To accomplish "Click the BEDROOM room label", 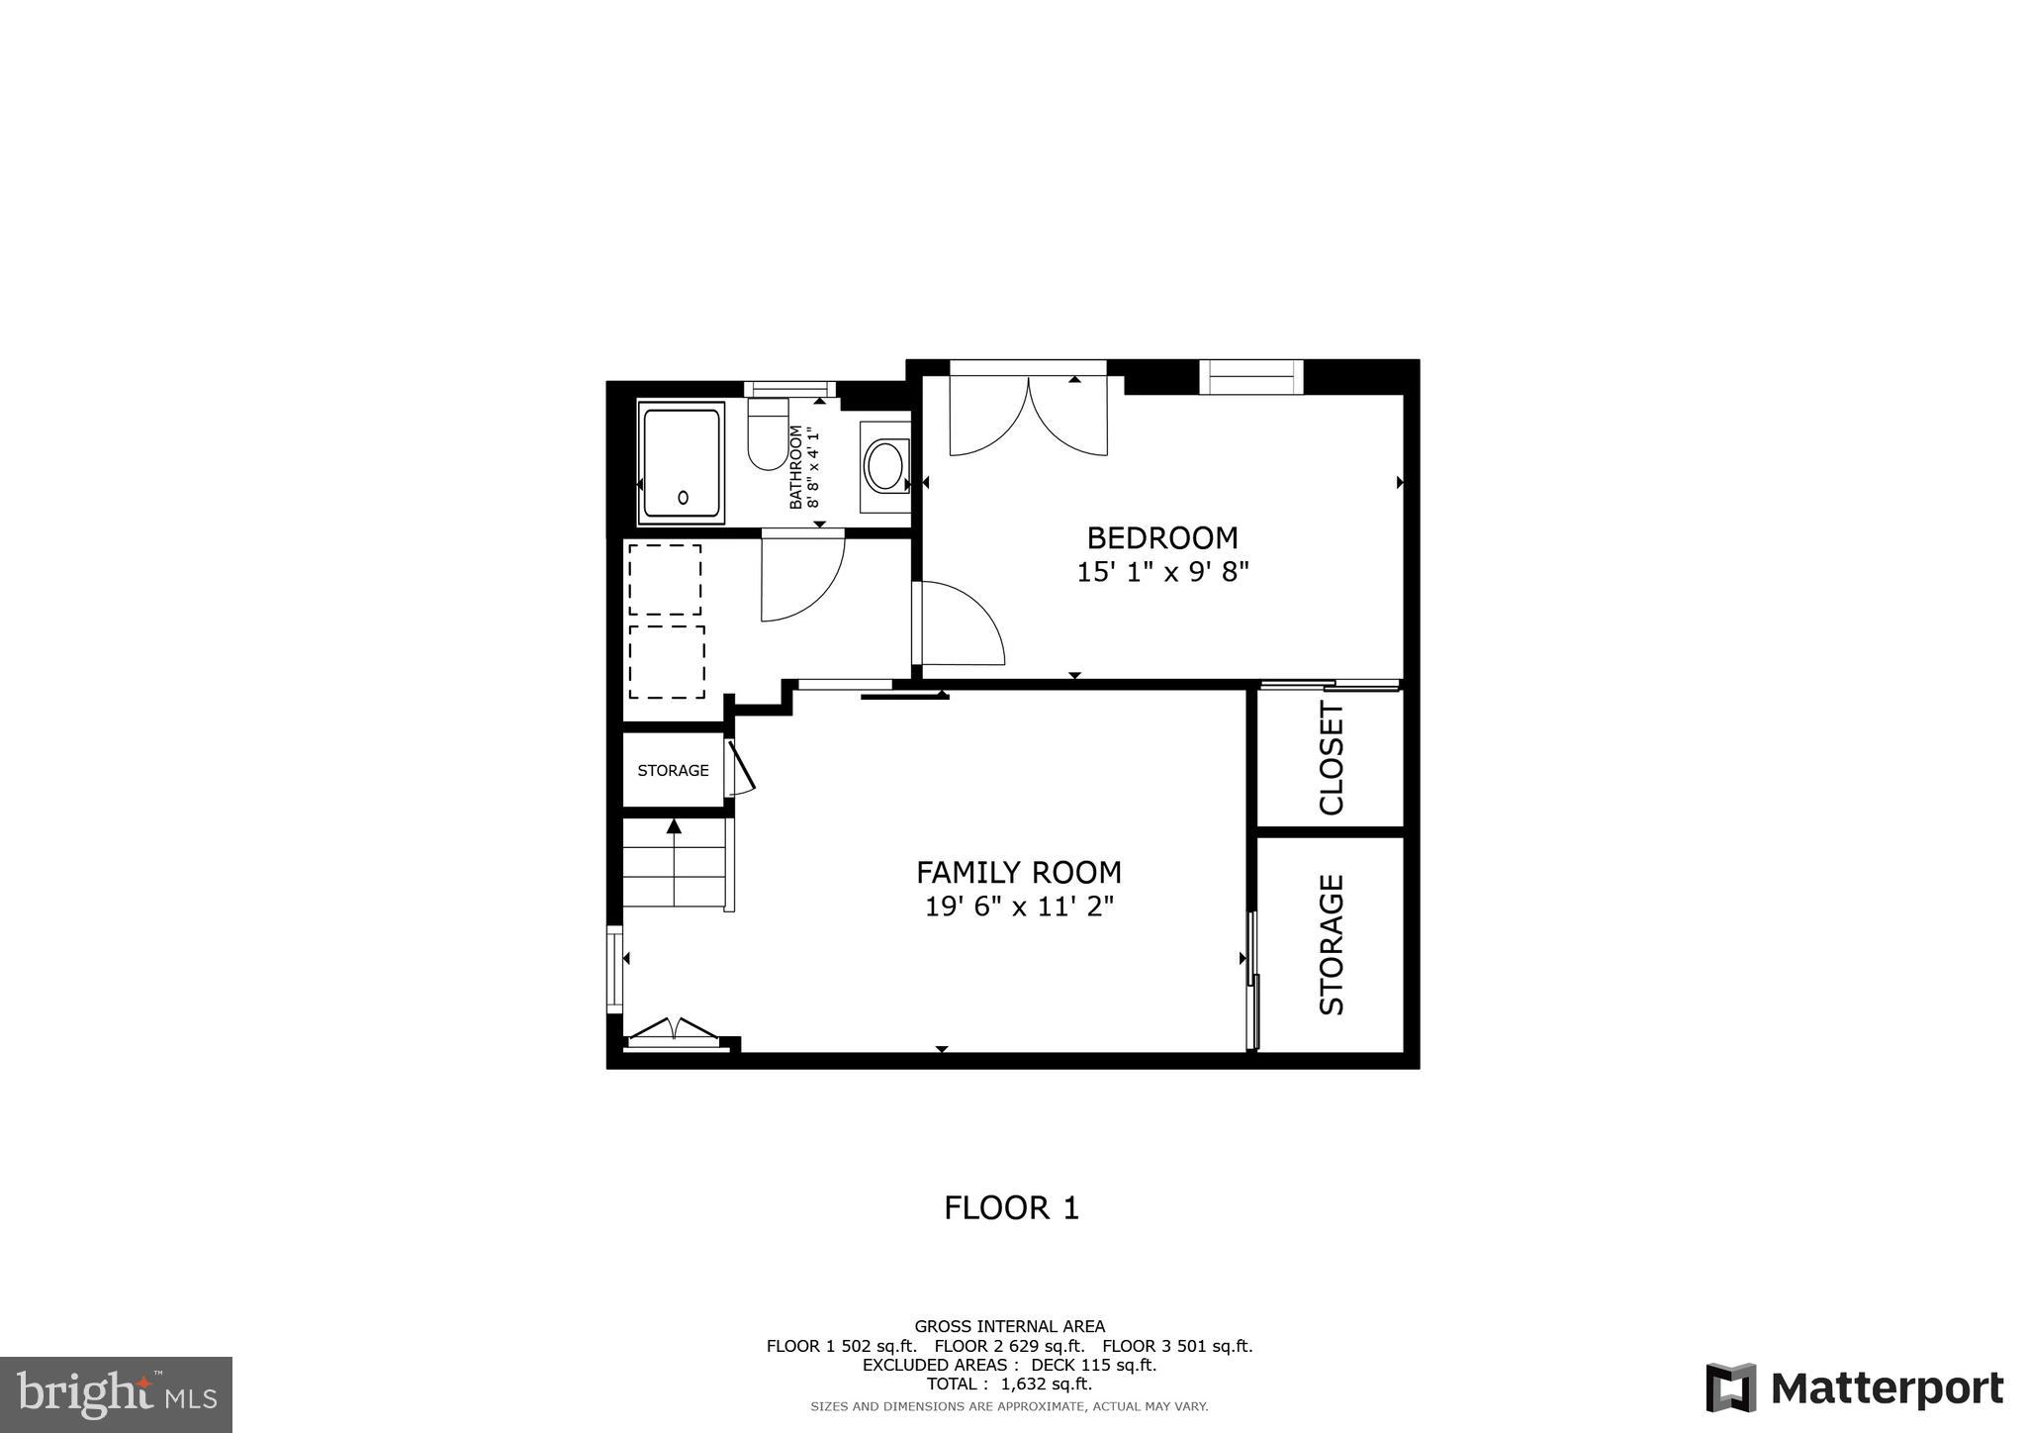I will pos(1161,537).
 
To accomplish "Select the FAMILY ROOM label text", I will pos(1018,872).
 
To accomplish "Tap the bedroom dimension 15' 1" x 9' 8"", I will pos(1162,572).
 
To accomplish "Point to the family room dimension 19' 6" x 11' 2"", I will pos(1019,907).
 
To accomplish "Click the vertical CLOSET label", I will pos(1332,758).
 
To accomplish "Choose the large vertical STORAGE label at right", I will pos(1332,944).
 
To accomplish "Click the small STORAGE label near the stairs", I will pos(673,770).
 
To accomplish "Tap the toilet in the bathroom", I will pos(767,435).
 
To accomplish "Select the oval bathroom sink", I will pos(883,466).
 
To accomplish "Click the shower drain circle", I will pos(683,498).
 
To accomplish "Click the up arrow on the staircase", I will pos(674,825).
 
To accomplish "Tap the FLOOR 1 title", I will pos(1011,1207).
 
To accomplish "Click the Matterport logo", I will pos(1855,1387).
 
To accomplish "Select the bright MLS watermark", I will pos(116,1395).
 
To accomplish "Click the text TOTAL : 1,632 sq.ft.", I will pos(1009,1384).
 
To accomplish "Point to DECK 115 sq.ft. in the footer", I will pos(1093,1365).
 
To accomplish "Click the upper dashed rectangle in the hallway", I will pos(665,579).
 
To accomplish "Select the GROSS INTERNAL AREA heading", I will pos(1009,1326).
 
